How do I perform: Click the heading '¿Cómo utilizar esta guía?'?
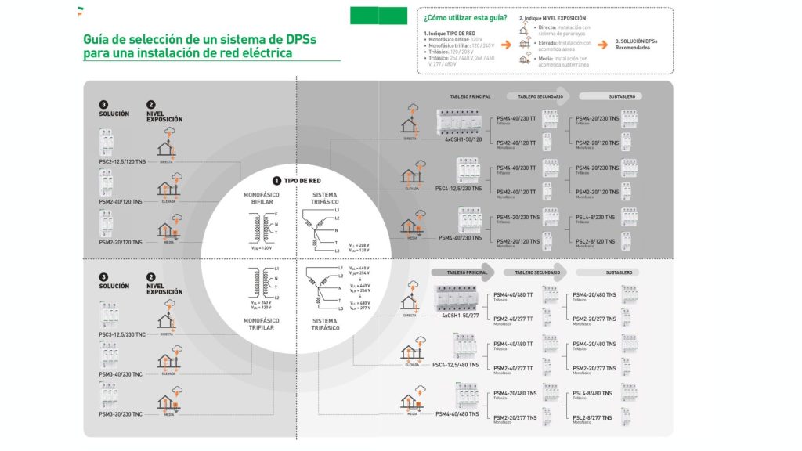465,17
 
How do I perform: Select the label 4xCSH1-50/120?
464,139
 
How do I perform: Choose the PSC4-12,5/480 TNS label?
456,364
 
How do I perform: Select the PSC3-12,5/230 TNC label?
122,335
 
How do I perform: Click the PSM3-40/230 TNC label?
121,374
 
